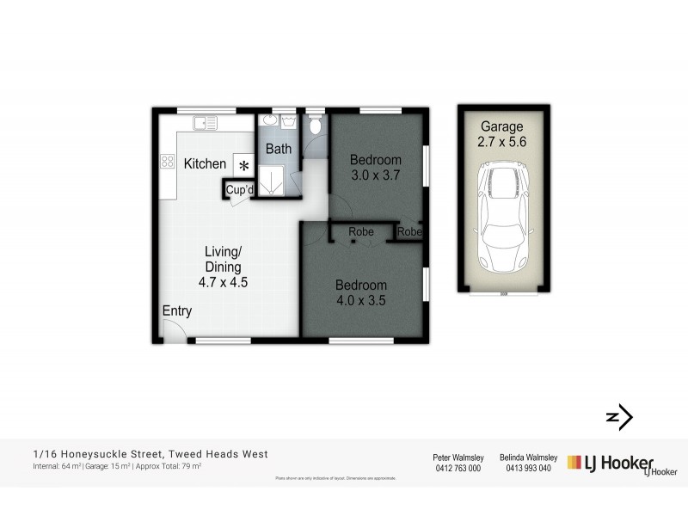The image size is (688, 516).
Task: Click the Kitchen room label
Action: [x=205, y=163]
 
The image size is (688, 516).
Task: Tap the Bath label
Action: [x=278, y=149]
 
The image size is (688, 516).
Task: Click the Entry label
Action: [x=176, y=311]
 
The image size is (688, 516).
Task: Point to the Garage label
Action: [x=501, y=126]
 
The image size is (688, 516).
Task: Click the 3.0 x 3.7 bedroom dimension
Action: [x=376, y=175]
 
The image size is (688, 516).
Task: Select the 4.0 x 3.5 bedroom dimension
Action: [x=360, y=300]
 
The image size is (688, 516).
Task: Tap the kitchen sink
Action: [x=205, y=124]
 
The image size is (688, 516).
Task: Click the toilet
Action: [x=316, y=127]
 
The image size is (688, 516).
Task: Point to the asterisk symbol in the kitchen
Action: [x=243, y=165]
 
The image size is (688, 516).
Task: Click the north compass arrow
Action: [x=620, y=418]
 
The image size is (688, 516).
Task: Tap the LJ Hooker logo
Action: [x=611, y=464]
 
